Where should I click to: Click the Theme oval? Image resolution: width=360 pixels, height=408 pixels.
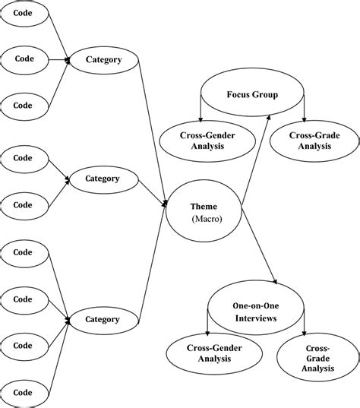(x=204, y=212)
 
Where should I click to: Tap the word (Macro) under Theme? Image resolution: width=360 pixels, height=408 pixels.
(x=204, y=220)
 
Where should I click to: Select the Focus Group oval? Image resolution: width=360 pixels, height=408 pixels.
(x=252, y=96)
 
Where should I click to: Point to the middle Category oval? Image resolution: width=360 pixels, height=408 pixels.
(x=103, y=179)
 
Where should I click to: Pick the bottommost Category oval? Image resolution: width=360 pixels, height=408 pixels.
(x=103, y=319)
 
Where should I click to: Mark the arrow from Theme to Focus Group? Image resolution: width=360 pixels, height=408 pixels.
(x=256, y=160)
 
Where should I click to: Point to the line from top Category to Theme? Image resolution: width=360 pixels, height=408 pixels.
(x=153, y=129)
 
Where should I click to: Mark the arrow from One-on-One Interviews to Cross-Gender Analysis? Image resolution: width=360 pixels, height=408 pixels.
(x=209, y=323)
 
